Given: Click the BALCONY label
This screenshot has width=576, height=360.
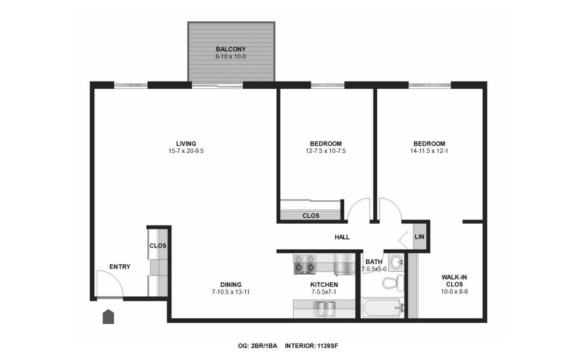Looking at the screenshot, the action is (230, 49).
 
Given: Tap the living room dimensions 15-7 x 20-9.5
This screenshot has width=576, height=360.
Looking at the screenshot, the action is (186, 151).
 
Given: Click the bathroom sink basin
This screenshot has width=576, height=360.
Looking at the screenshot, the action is (397, 262).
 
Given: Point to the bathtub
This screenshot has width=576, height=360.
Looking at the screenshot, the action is (382, 308).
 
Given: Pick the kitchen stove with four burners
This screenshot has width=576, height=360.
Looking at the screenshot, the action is (304, 264).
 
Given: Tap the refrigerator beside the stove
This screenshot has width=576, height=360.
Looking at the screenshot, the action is (344, 264).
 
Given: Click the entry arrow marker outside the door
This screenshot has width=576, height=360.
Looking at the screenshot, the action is (108, 317).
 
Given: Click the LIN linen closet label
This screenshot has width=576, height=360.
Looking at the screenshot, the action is (419, 237).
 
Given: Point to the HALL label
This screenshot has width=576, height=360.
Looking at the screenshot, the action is (342, 237).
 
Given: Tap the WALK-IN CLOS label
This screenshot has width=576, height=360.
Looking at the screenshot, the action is (454, 281).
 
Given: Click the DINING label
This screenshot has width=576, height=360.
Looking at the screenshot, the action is (231, 285).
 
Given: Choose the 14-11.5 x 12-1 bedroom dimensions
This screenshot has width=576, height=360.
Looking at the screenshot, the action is (429, 151).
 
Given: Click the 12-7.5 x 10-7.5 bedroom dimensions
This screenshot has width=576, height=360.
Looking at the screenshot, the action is (326, 151).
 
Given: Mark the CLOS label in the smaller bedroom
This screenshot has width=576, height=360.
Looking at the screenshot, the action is (310, 216).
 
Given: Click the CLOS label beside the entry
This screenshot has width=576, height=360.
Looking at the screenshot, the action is (158, 246).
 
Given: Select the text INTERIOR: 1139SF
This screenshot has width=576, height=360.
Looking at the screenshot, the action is (311, 346).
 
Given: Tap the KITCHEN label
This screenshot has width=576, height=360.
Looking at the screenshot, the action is (324, 285).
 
